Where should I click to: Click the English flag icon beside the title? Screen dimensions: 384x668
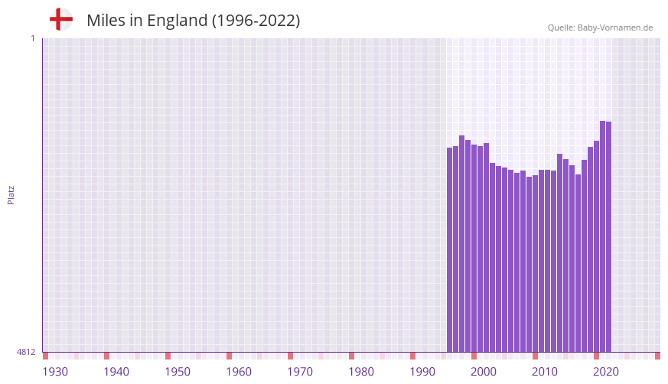tap(61, 20)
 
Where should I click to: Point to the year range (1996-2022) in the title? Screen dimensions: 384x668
tap(256, 21)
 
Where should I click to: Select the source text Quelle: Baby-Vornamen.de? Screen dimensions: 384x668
tap(600, 28)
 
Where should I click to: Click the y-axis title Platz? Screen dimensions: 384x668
tap(11, 195)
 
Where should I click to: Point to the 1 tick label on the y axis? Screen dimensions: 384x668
tap(32, 38)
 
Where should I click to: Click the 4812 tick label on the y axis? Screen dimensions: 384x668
tap(26, 352)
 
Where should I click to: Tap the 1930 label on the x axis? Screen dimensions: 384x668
tap(55, 372)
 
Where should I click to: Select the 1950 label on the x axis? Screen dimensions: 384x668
tap(178, 372)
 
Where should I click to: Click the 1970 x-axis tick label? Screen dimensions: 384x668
tap(300, 372)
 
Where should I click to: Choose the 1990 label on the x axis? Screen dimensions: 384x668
tap(422, 372)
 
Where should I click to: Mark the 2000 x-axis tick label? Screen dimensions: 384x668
tap(484, 372)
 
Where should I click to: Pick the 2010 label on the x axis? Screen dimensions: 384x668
tap(545, 372)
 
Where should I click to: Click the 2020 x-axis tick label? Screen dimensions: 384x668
tap(606, 372)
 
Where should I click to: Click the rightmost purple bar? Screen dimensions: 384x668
tap(609, 236)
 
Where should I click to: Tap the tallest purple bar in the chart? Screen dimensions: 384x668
tap(603, 236)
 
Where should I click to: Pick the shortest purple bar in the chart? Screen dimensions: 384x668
tap(530, 264)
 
